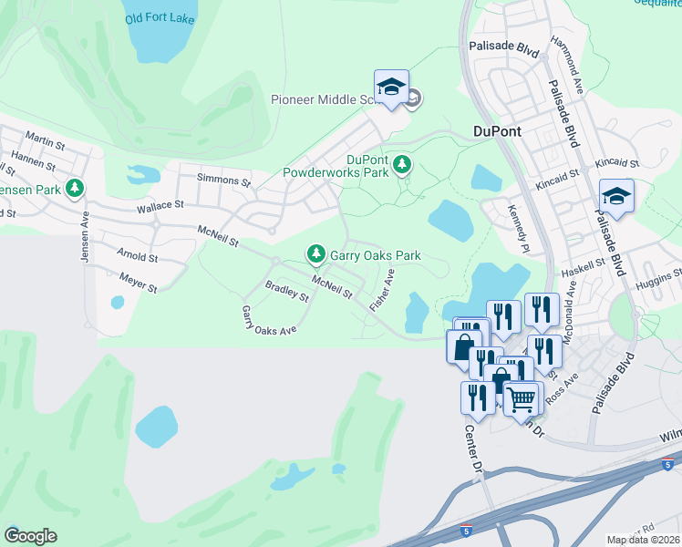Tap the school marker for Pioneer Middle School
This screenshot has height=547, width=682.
tap(391, 88)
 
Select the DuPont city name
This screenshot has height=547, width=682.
tap(497, 131)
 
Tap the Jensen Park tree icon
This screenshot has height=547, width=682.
tap(75, 189)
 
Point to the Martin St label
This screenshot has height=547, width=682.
tap(46, 143)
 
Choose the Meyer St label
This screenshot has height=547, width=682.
tap(138, 286)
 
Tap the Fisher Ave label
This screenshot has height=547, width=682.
tap(381, 291)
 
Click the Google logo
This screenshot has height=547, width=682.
tap(30, 536)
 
